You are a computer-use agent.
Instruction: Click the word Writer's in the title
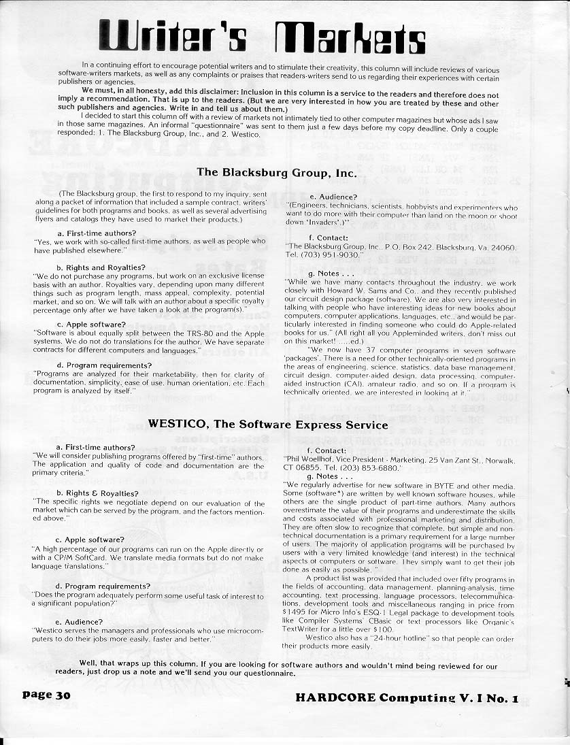(173, 36)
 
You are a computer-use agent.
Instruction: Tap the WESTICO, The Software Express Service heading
(268, 424)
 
